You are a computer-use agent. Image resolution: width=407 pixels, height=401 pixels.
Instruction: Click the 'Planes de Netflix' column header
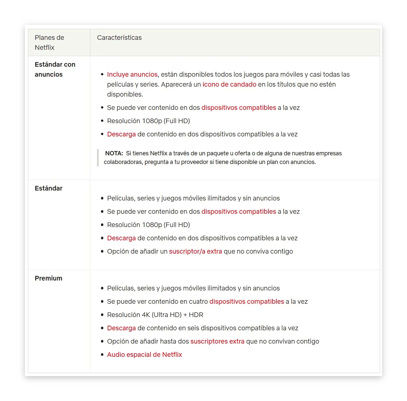pos(50,42)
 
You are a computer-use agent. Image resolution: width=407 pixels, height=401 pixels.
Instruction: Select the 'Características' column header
pos(119,38)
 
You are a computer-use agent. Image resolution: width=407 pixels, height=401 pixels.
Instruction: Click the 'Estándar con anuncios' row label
pos(55,69)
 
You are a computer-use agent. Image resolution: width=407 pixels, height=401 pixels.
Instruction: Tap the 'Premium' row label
pos(49,278)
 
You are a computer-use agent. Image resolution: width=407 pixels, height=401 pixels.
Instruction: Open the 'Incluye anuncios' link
pos(132,74)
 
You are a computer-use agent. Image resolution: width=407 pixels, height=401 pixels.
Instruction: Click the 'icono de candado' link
pos(229,84)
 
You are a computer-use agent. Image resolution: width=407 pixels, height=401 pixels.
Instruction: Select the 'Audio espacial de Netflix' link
pos(145,355)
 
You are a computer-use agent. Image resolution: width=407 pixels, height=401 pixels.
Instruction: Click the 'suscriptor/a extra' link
pos(195,251)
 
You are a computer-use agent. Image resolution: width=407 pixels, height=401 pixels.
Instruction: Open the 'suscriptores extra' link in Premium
pos(217,341)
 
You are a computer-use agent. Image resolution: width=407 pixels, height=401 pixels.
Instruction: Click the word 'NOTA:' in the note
pos(114,153)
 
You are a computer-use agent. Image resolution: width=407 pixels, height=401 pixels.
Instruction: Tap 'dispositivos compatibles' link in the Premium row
pos(247,301)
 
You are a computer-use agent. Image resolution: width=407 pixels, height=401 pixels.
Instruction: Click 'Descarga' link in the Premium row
pos(121,328)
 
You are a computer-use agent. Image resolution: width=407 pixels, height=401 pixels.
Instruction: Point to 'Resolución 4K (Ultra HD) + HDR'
pos(155,315)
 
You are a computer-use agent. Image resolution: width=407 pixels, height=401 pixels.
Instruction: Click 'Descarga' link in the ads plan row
pos(121,134)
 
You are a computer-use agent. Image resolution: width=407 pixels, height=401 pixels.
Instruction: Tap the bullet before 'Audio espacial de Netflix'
pos(102,355)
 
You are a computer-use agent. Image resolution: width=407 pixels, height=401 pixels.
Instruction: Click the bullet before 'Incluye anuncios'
pos(102,74)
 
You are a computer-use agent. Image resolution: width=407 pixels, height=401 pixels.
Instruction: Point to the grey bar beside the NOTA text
pos(98,158)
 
